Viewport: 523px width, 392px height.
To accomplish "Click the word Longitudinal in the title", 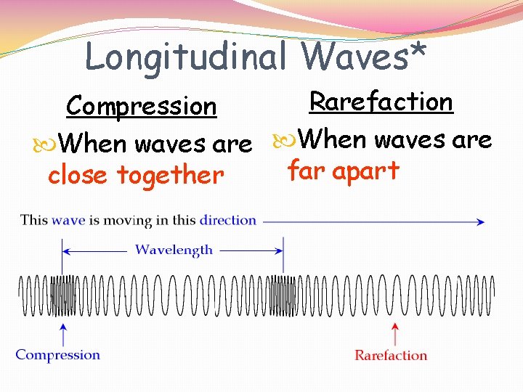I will (x=186, y=57).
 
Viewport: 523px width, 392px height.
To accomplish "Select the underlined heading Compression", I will (x=141, y=107).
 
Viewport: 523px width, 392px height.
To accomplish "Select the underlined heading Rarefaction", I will (x=381, y=102).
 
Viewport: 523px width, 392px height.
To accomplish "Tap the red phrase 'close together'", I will (x=136, y=175).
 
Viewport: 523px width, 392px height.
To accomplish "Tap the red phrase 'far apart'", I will (x=344, y=170).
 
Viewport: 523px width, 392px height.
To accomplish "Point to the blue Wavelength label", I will (x=174, y=250).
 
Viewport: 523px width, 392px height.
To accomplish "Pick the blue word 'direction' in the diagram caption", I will (x=228, y=220).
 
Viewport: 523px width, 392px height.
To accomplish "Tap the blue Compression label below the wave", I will (x=58, y=355).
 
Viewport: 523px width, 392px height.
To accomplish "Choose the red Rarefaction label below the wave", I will (x=391, y=356).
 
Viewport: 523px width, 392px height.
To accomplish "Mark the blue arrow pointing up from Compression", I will (x=64, y=335).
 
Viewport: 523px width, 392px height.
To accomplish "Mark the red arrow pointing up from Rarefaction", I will (x=394, y=335).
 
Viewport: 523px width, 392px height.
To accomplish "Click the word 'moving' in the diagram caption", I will (x=128, y=220).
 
